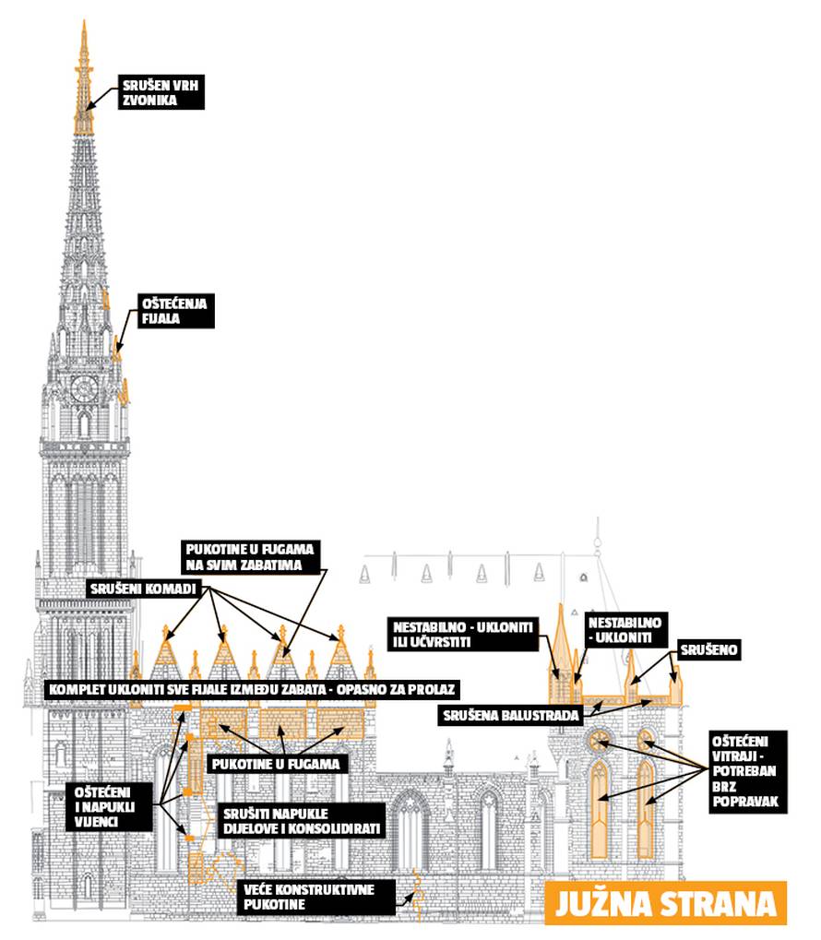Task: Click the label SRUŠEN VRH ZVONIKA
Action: (x=160, y=93)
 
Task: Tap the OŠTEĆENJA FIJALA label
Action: (x=176, y=311)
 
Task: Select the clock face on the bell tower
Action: (x=83, y=387)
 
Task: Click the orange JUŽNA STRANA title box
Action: (x=665, y=903)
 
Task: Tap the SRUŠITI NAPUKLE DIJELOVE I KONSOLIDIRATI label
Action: (x=303, y=821)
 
